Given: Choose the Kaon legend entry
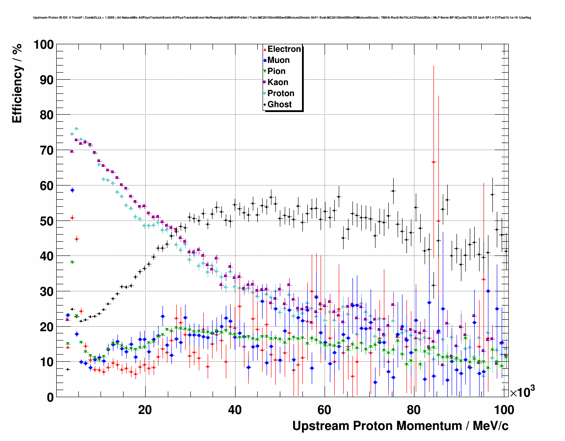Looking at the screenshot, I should (278, 82).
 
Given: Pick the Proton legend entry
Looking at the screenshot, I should (281, 93).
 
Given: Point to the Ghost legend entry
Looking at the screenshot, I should (279, 104).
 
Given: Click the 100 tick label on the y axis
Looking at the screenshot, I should (43, 45).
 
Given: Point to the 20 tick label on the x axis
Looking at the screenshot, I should (145, 410).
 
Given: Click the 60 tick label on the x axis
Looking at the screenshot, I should (325, 410).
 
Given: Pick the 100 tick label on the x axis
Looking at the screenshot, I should (504, 410).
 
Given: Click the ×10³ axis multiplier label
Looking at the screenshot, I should (522, 392).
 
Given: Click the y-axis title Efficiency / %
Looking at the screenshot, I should (17, 84).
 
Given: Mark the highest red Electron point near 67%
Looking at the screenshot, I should (434, 162).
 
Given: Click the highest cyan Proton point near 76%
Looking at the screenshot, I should (76, 129).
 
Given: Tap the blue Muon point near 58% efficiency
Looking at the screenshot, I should (72, 190).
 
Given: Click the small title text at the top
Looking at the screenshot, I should (282, 18).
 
